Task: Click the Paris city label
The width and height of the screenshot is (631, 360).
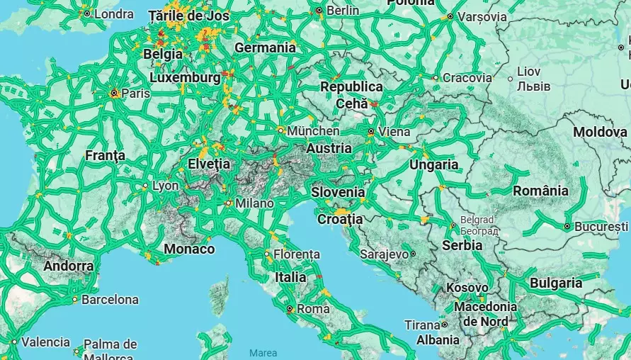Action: click(x=135, y=93)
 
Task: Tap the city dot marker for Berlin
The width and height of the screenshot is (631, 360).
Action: click(x=319, y=11)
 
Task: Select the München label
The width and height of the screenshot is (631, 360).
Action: click(x=313, y=131)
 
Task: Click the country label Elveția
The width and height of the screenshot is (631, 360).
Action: click(x=209, y=164)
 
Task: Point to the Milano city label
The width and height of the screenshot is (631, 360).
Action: click(x=254, y=203)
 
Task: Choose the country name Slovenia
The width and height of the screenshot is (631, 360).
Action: click(x=338, y=192)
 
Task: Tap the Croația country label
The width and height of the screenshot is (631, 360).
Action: click(x=340, y=219)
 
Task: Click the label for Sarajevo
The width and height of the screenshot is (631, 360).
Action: click(x=384, y=253)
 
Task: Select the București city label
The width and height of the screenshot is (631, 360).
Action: click(x=601, y=227)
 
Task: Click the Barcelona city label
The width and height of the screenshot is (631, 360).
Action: click(x=110, y=300)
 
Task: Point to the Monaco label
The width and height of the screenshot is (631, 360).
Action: click(x=189, y=249)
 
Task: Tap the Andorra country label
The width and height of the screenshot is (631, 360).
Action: click(x=68, y=266)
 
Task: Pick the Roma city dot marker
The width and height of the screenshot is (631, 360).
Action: click(x=289, y=309)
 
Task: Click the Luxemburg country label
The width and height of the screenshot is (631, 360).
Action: click(x=185, y=77)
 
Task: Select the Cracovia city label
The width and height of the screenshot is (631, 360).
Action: click(x=467, y=78)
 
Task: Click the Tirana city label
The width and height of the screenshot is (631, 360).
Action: click(x=422, y=325)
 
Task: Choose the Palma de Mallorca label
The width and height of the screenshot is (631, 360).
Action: click(x=110, y=349)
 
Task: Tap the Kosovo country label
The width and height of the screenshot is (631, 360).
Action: click(x=467, y=288)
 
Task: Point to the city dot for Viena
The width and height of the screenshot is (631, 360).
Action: click(x=370, y=132)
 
